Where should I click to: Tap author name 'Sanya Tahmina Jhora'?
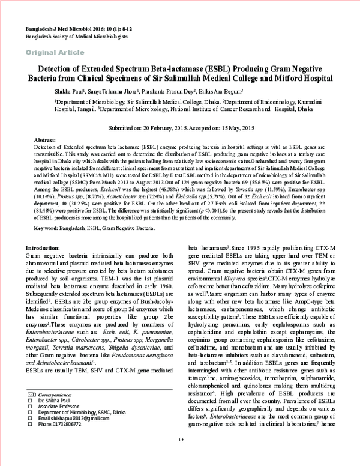(x=112, y=91)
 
